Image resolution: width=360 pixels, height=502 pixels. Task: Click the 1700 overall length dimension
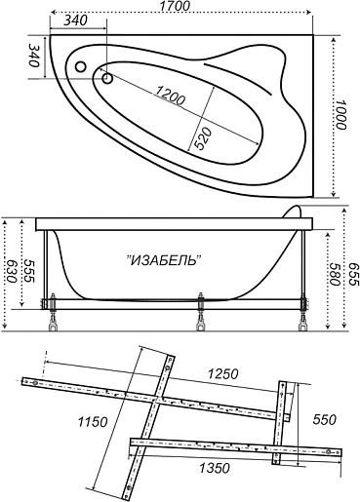175,6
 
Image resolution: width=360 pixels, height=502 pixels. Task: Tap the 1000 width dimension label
340,114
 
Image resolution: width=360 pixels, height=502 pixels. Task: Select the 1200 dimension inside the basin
169,96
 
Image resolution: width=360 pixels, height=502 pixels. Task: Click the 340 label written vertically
33,55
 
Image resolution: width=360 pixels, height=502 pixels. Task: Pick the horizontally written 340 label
75,20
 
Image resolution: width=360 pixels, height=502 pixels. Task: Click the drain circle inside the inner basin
107,78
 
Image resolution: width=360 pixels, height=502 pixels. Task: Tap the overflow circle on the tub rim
80,67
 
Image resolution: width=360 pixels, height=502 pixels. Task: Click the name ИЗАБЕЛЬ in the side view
163,260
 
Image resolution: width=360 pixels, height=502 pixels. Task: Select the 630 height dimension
11,271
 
